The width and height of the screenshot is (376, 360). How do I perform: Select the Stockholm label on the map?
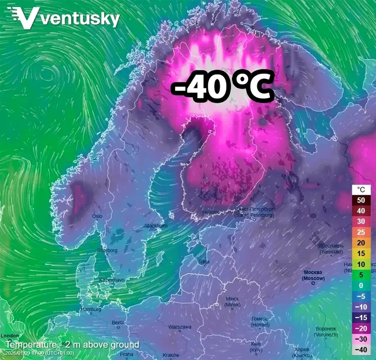[156, 225]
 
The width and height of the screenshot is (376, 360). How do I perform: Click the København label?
[112, 280]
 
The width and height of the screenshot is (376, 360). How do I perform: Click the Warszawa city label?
[179, 327]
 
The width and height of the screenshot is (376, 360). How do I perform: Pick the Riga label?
[204, 262]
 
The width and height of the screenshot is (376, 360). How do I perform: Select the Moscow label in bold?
[314, 275]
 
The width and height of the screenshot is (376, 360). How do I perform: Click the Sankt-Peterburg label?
[255, 212]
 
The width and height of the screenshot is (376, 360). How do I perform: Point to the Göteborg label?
[107, 250]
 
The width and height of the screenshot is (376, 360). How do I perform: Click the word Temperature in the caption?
[31, 344]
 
